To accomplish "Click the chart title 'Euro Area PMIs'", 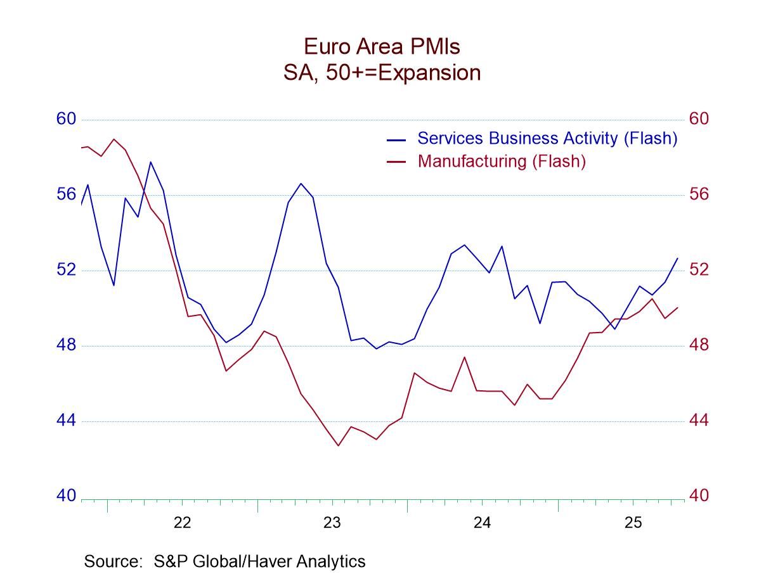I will tap(382, 46).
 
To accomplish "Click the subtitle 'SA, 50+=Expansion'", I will tap(382, 73).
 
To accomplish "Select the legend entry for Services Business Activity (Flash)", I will tap(547, 138).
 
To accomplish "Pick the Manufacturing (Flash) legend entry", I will tap(501, 161).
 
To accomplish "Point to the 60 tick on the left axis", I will tap(66, 119).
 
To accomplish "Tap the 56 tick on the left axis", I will tap(66, 195).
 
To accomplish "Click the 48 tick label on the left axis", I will tap(66, 345).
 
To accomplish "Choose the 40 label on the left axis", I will tap(66, 496).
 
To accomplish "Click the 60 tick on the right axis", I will tap(699, 119).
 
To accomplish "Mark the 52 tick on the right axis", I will tap(699, 270).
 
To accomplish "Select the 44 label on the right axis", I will tap(699, 421).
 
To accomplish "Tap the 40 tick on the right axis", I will tap(699, 496).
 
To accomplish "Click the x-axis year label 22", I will tap(182, 523).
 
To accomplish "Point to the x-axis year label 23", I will tap(332, 523).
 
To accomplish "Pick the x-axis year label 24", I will tap(483, 523).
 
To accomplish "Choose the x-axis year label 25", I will tap(633, 523).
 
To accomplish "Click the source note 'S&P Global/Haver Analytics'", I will tap(224, 561).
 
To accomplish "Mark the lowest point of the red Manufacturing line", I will tap(338, 445).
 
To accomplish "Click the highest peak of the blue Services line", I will tap(150, 162).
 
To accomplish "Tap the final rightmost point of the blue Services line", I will tap(678, 258).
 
